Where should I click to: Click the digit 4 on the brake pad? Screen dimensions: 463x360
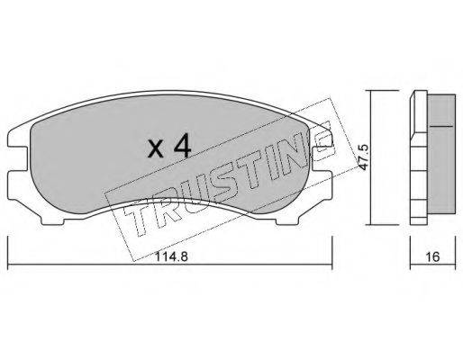click(182, 146)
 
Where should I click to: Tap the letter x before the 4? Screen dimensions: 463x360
click(156, 149)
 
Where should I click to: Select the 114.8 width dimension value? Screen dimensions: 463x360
click(172, 256)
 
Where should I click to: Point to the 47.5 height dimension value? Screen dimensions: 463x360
click(364, 161)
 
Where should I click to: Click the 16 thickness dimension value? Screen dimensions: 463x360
click(432, 256)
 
